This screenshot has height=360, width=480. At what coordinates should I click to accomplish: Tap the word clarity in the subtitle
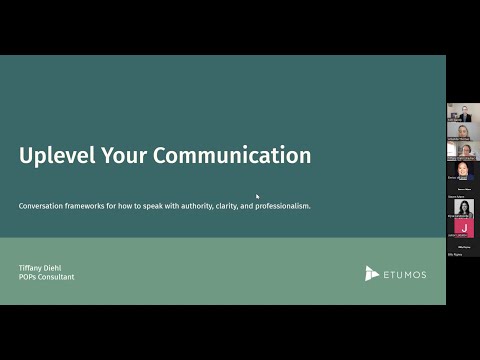tap(239, 206)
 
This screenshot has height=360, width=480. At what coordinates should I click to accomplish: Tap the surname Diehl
tap(59, 268)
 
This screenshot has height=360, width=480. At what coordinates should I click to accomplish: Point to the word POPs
tap(29, 277)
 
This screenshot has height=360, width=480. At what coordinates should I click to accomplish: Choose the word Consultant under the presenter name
tap(58, 277)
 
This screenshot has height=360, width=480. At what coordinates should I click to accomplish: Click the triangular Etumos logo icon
tap(371, 273)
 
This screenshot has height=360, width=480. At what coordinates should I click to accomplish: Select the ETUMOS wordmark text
tap(404, 273)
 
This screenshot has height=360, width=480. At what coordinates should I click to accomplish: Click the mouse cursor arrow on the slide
tap(258, 197)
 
